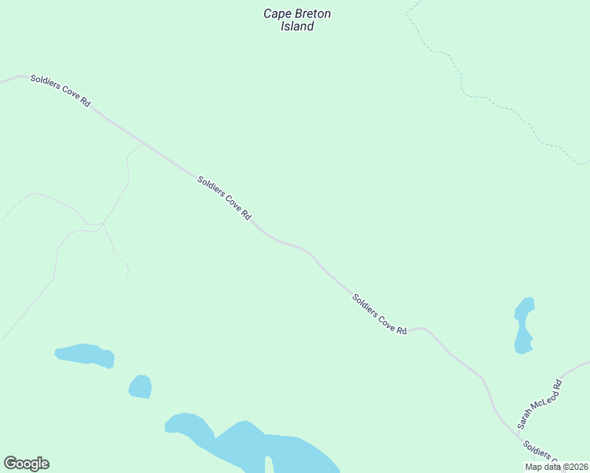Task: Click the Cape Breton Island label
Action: [297, 20]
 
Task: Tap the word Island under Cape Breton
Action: [297, 27]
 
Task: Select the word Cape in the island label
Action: [276, 13]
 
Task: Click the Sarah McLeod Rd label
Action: [539, 404]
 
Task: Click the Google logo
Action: [26, 464]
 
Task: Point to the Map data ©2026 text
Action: [556, 467]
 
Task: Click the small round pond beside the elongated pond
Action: [140, 386]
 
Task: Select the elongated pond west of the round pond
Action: [84, 355]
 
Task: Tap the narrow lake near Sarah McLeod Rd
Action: [524, 325]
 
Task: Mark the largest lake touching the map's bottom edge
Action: [260, 449]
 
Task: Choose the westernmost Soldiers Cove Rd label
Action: [61, 91]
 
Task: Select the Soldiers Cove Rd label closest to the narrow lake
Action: [379, 314]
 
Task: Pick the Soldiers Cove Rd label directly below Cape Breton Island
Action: [224, 198]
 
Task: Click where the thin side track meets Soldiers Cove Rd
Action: [143, 144]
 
